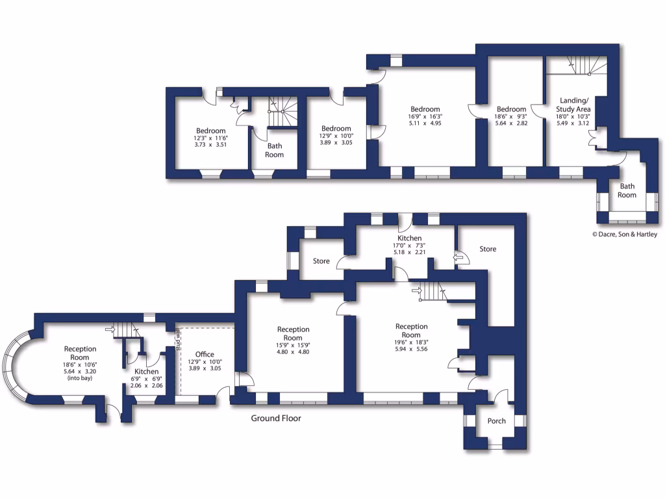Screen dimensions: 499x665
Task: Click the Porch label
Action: click(x=496, y=421)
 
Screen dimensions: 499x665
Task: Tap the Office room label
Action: click(x=205, y=355)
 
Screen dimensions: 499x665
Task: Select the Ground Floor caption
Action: click(x=276, y=418)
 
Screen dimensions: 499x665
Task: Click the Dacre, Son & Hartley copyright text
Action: click(x=624, y=235)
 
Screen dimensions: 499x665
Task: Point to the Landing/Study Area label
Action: click(x=574, y=105)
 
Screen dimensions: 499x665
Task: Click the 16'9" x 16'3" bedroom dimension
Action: click(x=425, y=117)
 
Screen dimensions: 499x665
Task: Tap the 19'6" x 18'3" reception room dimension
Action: click(x=412, y=342)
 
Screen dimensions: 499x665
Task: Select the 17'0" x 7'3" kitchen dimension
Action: click(x=409, y=246)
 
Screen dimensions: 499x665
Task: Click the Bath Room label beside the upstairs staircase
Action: click(x=274, y=151)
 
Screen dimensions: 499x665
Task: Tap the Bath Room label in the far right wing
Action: click(x=627, y=191)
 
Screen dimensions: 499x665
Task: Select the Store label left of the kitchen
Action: click(x=321, y=261)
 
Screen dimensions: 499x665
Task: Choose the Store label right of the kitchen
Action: click(x=488, y=249)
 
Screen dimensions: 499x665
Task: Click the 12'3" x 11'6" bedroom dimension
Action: click(x=211, y=138)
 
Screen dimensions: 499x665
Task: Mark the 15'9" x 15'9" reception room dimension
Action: click(x=293, y=345)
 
